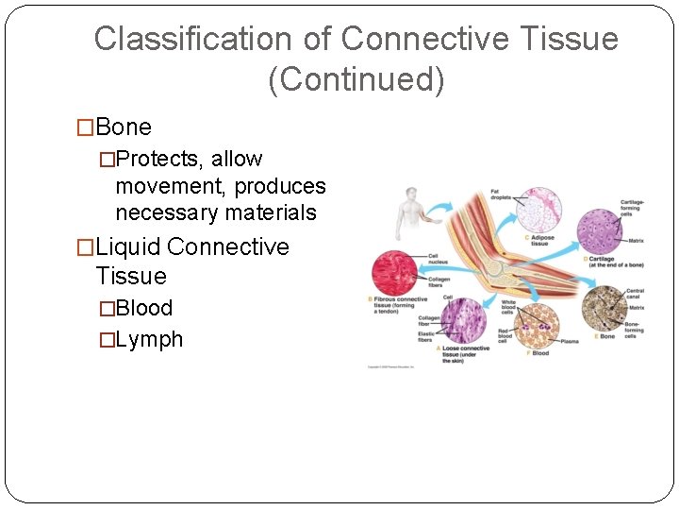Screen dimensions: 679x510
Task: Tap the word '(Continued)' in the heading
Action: [x=356, y=79]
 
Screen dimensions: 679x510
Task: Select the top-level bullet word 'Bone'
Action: [x=124, y=127]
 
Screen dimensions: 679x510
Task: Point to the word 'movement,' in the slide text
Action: [x=171, y=186]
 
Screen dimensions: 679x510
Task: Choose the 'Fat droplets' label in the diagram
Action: [x=501, y=195]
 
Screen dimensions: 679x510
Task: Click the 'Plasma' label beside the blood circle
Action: [x=569, y=342]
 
